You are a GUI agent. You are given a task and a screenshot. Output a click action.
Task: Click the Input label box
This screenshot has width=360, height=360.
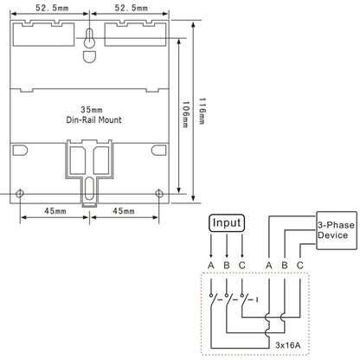click(227, 223)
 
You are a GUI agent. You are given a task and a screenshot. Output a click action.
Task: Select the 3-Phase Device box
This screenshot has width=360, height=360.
click(337, 230)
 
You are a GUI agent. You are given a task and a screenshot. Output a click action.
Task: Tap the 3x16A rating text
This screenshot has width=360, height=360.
click(287, 345)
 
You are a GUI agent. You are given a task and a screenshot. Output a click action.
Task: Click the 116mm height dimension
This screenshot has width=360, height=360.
click(202, 111)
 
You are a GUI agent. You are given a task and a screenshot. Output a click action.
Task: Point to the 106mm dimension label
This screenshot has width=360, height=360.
click(185, 114)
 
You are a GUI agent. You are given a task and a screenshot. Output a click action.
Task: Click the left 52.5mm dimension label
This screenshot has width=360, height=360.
click(52, 8)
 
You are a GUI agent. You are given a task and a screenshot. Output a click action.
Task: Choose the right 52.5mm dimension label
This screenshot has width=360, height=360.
click(132, 8)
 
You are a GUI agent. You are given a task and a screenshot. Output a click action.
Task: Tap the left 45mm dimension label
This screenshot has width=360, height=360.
click(55, 211)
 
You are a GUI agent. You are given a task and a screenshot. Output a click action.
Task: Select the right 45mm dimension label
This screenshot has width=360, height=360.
click(124, 211)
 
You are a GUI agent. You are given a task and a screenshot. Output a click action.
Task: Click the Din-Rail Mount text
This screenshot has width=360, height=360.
click(94, 119)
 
